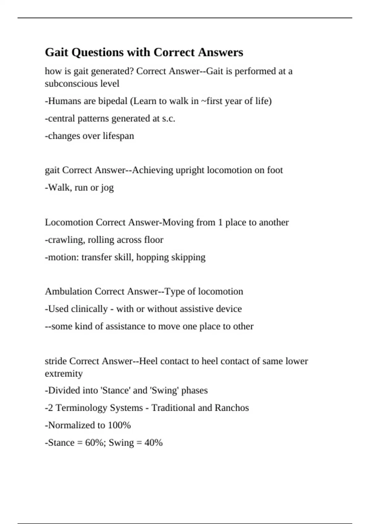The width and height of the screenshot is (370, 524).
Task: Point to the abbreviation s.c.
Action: tap(168, 119)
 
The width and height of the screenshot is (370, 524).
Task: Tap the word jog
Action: tap(107, 188)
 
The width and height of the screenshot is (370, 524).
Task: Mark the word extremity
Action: tap(64, 374)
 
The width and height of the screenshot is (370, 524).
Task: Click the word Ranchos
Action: tap(232, 408)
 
